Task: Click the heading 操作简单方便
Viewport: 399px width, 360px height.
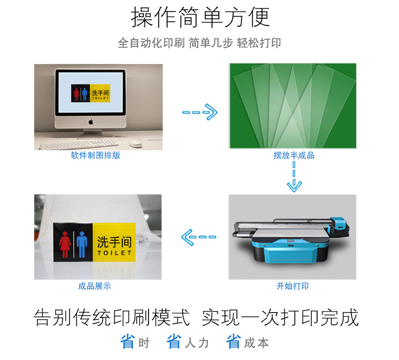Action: (x=200, y=17)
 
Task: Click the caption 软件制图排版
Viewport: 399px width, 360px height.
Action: (x=95, y=155)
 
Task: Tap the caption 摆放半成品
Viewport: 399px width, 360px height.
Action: (x=294, y=155)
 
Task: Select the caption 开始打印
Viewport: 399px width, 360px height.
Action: (x=292, y=286)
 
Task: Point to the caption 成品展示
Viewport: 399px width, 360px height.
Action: (x=94, y=286)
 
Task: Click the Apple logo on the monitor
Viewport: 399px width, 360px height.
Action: (x=90, y=122)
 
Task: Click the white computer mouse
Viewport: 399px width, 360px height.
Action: (x=135, y=144)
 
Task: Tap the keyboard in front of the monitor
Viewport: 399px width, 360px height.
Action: (x=79, y=144)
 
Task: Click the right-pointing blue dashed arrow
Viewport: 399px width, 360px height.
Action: (x=200, y=112)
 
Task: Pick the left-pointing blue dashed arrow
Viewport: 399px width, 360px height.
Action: (x=198, y=237)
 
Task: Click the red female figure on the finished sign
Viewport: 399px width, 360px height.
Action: (x=65, y=244)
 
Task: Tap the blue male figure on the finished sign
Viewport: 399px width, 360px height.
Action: (x=82, y=244)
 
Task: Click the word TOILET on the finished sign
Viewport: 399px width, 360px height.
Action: (x=114, y=253)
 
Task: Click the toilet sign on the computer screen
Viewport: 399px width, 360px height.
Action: (x=90, y=93)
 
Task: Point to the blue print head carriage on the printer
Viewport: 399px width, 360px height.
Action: (x=339, y=225)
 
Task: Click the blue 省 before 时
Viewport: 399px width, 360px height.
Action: (x=127, y=341)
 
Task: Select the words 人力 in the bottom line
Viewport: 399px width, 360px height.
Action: (x=196, y=343)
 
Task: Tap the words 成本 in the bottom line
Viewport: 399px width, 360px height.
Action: (x=256, y=343)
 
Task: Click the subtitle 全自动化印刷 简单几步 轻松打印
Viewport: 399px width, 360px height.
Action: (x=199, y=43)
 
